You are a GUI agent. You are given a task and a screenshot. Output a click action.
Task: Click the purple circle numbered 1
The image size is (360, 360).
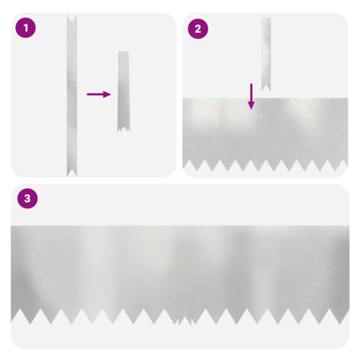[25, 28]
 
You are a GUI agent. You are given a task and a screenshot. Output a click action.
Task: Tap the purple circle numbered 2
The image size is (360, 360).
[198, 28]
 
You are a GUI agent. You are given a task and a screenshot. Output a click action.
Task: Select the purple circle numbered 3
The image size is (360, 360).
[28, 198]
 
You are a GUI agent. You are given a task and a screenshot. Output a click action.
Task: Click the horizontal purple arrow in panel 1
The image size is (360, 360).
[99, 94]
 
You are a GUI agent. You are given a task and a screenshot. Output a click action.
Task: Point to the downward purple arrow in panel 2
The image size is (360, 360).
[251, 97]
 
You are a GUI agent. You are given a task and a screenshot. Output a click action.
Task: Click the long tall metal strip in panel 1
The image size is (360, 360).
[72, 96]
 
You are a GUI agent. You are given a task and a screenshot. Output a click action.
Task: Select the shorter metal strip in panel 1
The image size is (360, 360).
[123, 91]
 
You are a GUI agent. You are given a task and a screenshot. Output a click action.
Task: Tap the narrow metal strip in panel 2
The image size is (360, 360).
[266, 54]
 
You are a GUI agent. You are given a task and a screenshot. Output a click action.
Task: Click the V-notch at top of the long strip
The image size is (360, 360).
[72, 18]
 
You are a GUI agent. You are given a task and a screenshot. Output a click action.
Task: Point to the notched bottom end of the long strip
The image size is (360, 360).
[72, 172]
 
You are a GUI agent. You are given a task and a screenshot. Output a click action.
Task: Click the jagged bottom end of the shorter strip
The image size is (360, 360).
[123, 128]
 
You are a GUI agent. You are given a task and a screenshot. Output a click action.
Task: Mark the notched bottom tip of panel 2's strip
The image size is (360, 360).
[266, 88]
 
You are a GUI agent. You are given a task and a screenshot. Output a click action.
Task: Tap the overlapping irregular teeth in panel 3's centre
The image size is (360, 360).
[185, 319]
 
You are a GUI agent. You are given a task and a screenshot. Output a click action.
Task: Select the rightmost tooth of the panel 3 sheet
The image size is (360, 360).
[345, 316]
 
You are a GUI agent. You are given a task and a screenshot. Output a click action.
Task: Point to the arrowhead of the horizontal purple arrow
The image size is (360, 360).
[107, 94]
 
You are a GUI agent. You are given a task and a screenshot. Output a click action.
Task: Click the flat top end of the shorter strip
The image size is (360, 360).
[123, 53]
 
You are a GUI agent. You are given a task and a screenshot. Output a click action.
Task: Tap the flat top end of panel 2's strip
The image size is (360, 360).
[266, 18]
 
